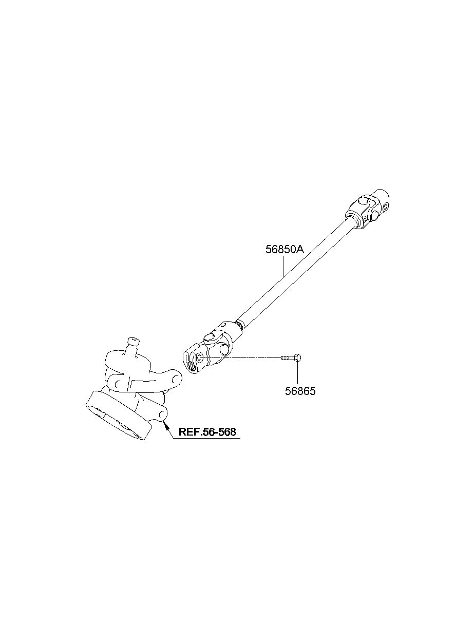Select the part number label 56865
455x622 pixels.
coord(300,391)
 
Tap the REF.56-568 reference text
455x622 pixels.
coord(207,432)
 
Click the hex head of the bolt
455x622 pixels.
coord(298,358)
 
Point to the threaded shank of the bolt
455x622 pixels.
coord(288,358)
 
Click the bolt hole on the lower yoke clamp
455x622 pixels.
coord(200,359)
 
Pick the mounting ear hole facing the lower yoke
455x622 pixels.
coord(175,378)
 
